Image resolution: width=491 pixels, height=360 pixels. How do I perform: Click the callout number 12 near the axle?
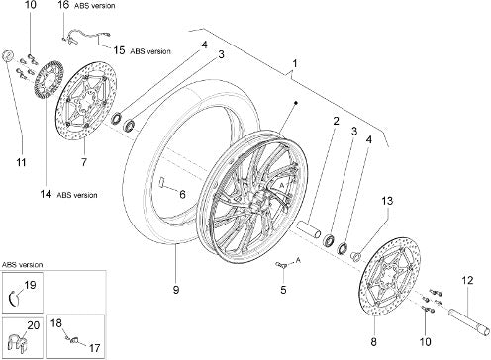tap(467, 280)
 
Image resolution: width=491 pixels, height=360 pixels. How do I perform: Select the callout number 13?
tap(388, 201)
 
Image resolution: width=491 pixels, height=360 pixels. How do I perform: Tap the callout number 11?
tap(22, 162)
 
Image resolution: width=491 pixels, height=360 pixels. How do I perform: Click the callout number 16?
tap(63, 5)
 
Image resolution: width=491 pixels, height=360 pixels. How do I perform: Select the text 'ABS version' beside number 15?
tap(150, 51)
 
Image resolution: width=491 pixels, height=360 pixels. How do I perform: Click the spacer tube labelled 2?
tap(308, 229)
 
